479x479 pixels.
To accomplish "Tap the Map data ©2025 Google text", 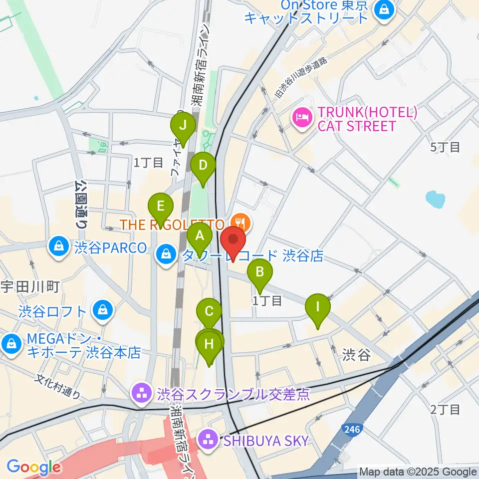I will click(x=418, y=472).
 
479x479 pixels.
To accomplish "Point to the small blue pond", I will click(x=435, y=199).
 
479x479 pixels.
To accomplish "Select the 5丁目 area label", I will click(x=445, y=147).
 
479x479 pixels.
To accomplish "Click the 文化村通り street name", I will click(x=58, y=387).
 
